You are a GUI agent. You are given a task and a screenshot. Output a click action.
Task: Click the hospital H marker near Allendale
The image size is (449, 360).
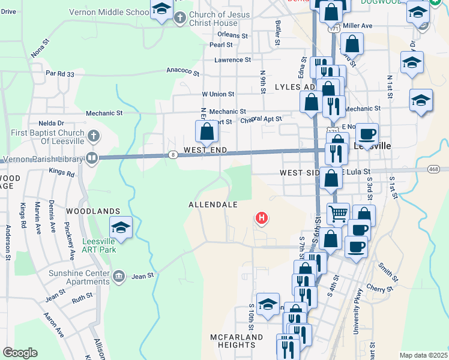[x=262, y=218]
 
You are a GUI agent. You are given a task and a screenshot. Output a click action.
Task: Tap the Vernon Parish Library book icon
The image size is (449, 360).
[x=92, y=158]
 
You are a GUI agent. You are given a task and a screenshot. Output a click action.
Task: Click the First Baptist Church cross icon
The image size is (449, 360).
[x=92, y=136]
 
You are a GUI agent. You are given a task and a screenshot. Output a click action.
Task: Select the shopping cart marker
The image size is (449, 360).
[x=339, y=213]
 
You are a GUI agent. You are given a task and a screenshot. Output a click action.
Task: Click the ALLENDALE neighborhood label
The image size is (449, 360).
[x=213, y=205]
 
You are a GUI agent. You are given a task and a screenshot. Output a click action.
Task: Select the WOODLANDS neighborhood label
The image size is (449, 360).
[x=90, y=211]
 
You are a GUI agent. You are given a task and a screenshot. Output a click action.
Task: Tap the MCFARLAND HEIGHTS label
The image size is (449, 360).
[x=237, y=341]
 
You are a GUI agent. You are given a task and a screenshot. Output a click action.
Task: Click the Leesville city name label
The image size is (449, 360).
[x=373, y=146]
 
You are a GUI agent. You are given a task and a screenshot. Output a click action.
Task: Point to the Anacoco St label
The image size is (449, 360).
[x=182, y=71]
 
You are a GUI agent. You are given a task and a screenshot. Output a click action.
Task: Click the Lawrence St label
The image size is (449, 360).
[x=232, y=60]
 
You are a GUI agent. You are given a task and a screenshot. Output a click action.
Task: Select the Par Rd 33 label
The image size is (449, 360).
[x=60, y=74]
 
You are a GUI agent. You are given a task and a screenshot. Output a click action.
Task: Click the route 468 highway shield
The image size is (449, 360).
[x=433, y=169]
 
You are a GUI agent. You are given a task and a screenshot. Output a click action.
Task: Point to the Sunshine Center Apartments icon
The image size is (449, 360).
[x=118, y=275]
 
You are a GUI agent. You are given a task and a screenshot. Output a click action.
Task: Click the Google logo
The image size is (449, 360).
[x=20, y=353]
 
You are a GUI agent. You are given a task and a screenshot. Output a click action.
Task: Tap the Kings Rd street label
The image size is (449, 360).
[x=62, y=173]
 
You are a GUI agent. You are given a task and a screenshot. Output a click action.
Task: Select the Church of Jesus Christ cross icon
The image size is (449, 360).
[x=179, y=18]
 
